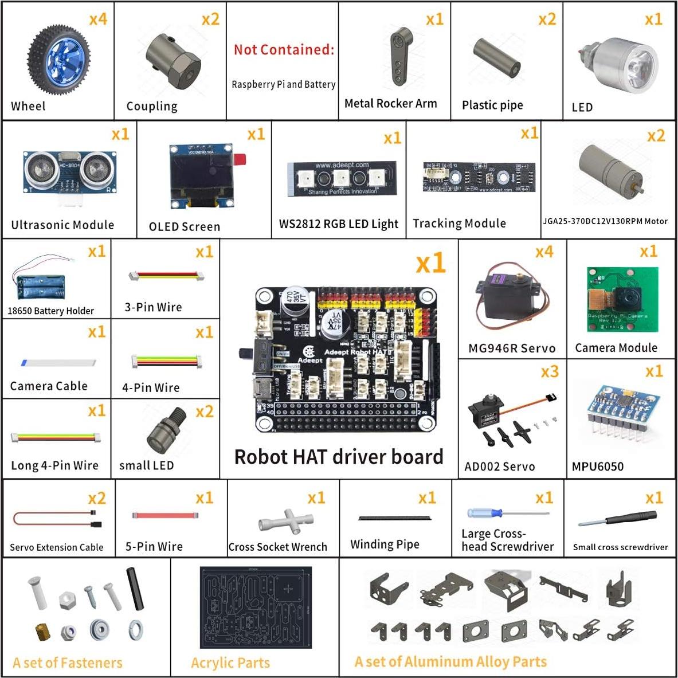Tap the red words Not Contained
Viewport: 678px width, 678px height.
(283, 50)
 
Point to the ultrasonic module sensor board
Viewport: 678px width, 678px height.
(69, 172)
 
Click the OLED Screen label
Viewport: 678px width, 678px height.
(184, 227)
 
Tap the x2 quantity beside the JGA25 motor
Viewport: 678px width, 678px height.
(656, 136)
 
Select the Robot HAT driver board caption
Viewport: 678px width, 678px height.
(339, 457)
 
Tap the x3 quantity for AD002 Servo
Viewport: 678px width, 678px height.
(549, 372)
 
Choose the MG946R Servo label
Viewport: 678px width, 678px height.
(511, 348)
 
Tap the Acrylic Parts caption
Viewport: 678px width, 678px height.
(230, 663)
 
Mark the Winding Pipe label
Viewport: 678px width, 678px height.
(385, 544)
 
